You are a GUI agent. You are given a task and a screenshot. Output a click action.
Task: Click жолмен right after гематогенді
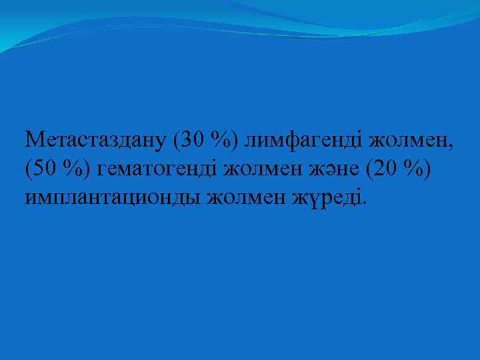pos(261,170)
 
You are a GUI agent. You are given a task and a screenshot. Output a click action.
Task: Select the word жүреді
pos(327,198)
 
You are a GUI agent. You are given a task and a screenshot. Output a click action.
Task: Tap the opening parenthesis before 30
pos(176,141)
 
